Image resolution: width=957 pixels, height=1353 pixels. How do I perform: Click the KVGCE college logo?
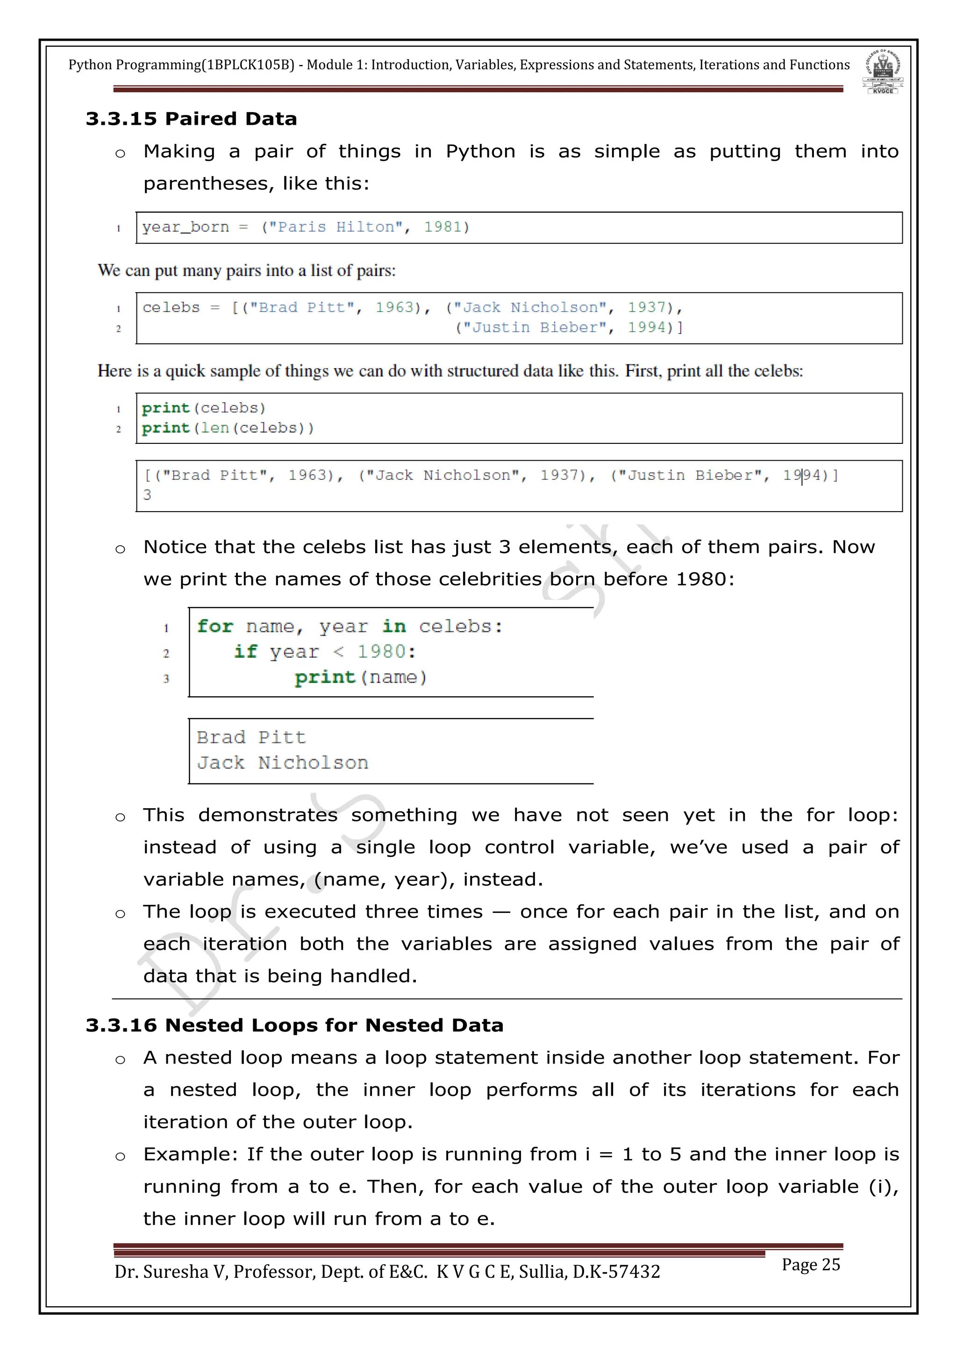point(882,72)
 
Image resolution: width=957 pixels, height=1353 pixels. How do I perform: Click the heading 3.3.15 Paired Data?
point(191,119)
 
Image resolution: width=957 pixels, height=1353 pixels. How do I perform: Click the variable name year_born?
point(185,228)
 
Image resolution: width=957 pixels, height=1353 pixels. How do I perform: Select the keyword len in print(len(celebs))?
point(215,428)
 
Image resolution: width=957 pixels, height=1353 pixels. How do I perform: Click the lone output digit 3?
point(147,495)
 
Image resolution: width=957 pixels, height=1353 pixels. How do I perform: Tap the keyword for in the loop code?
point(215,627)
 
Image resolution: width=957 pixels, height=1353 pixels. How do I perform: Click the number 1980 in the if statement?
point(381,652)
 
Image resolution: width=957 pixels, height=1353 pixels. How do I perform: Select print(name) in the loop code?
point(361,678)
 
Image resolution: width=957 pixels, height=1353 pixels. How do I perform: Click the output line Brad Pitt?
point(251,738)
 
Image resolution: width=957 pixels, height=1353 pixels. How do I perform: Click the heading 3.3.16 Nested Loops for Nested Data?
point(294,1026)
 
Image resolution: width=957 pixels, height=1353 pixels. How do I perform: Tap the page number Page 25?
point(810,1265)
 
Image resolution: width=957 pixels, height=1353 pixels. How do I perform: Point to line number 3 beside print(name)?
point(166,679)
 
